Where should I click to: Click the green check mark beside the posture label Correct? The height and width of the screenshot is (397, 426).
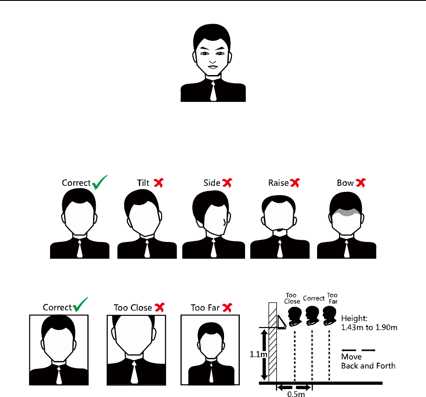click(x=100, y=181)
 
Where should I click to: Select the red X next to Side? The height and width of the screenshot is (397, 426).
click(x=227, y=183)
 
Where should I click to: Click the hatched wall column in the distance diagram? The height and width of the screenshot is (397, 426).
click(x=273, y=343)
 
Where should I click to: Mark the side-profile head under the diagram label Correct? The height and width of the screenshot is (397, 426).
click(x=311, y=315)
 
